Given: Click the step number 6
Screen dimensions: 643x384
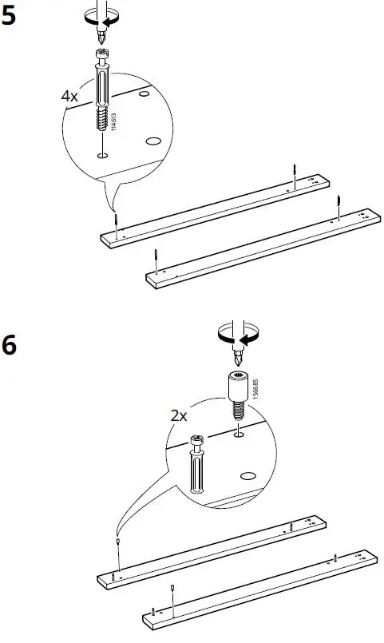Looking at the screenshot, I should pos(10,348).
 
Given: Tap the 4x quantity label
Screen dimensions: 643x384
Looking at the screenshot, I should pos(71,95).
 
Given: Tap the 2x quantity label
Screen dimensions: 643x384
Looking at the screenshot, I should pos(178,415).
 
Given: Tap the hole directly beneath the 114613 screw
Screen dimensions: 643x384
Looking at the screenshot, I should pos(102,155).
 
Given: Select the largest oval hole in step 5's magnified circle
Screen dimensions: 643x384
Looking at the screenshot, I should pos(154,141).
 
